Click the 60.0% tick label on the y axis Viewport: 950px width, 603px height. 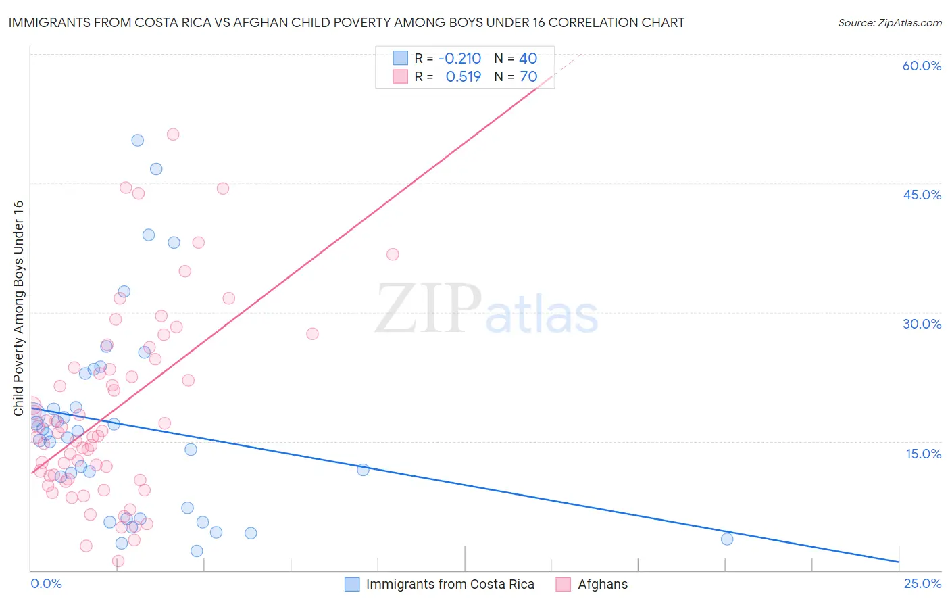(x=922, y=66)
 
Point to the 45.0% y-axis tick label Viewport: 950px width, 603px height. (x=922, y=195)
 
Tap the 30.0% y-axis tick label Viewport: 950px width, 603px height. (x=922, y=324)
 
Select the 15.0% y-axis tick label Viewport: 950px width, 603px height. (x=923, y=454)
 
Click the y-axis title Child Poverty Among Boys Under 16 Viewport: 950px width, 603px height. (x=18, y=308)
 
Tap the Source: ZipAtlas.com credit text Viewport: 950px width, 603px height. (x=889, y=23)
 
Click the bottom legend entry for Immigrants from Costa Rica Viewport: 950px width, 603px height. (x=449, y=585)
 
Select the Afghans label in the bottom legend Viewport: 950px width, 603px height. (x=603, y=585)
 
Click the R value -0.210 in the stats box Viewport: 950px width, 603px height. (x=459, y=59)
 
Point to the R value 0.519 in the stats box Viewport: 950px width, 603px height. (x=463, y=77)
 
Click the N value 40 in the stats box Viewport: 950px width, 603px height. (x=528, y=59)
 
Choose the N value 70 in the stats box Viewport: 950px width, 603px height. (x=528, y=77)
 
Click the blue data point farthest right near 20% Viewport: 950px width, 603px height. (x=727, y=539)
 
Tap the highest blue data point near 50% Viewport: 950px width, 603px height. (x=137, y=141)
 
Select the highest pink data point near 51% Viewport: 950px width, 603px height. (x=173, y=135)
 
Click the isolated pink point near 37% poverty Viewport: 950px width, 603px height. (x=393, y=254)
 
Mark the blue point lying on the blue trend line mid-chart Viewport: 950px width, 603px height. (x=363, y=470)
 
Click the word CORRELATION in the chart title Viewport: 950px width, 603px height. (x=593, y=23)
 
